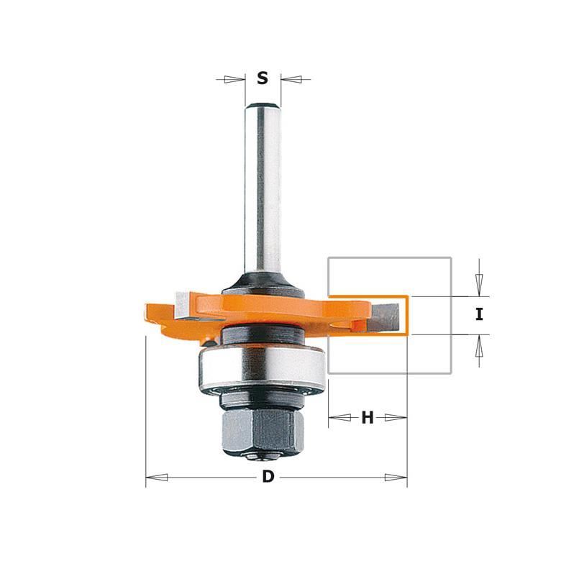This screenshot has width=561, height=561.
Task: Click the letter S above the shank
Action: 263,78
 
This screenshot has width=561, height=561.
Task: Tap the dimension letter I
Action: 479,314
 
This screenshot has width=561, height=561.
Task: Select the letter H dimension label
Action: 368,417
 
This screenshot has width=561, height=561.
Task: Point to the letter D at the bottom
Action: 268,477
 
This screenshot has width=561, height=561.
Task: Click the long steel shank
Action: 263,190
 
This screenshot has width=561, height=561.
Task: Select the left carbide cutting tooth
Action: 183,305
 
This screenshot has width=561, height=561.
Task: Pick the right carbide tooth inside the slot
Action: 386,316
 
